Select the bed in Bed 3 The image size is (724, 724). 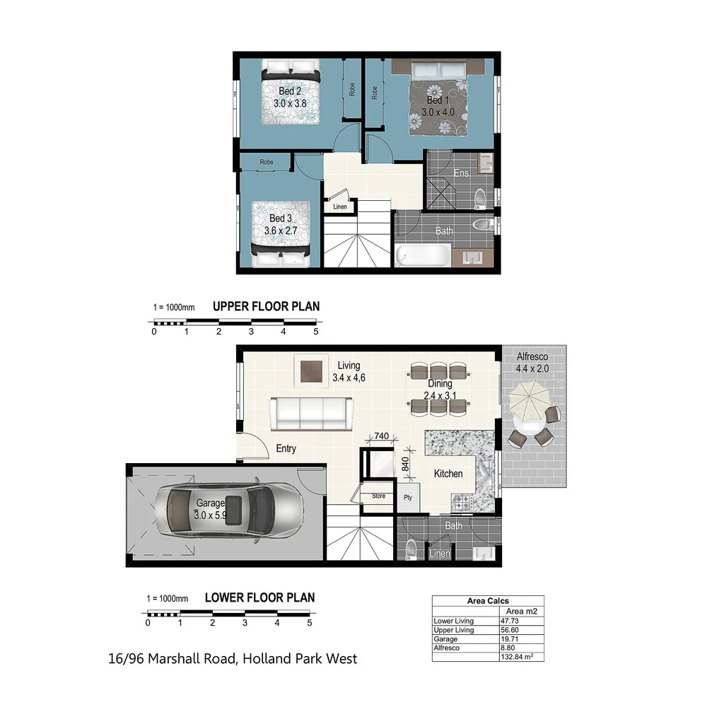tap(280, 234)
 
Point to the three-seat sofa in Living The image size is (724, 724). tap(312, 413)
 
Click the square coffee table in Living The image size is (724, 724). tap(311, 370)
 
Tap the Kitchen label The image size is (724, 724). tap(448, 474)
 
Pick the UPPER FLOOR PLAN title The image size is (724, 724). tap(266, 307)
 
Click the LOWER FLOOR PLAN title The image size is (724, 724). tap(259, 597)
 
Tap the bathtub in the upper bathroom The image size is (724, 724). tap(422, 255)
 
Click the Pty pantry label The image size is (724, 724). tap(407, 497)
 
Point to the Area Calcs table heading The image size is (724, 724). tap(488, 601)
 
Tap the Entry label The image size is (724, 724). tap(286, 448)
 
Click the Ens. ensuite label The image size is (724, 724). tap(462, 173)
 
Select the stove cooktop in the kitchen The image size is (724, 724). tap(462, 503)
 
